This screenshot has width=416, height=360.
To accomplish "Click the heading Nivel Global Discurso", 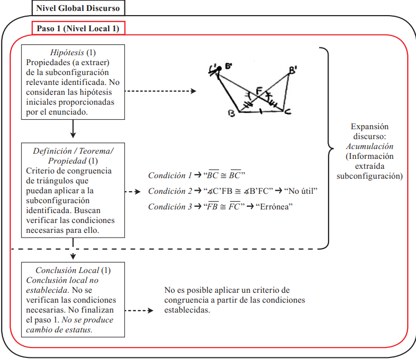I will pyautogui.click(x=78, y=8).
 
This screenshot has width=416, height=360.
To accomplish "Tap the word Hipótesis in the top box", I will pyautogui.click(x=68, y=53).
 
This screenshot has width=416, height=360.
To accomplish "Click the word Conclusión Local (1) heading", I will pyautogui.click(x=73, y=270).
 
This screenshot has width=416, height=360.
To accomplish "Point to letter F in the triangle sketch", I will pyautogui.click(x=259, y=91).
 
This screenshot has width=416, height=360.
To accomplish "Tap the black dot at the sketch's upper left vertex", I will pyautogui.click(x=219, y=69).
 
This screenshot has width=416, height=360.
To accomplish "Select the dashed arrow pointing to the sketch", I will pyautogui.click(x=161, y=91).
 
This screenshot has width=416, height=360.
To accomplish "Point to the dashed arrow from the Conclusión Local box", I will pyautogui.click(x=141, y=311).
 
